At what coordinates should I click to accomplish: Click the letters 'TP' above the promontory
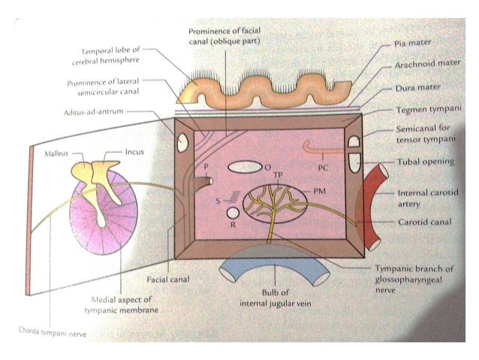pyautogui.click(x=277, y=177)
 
